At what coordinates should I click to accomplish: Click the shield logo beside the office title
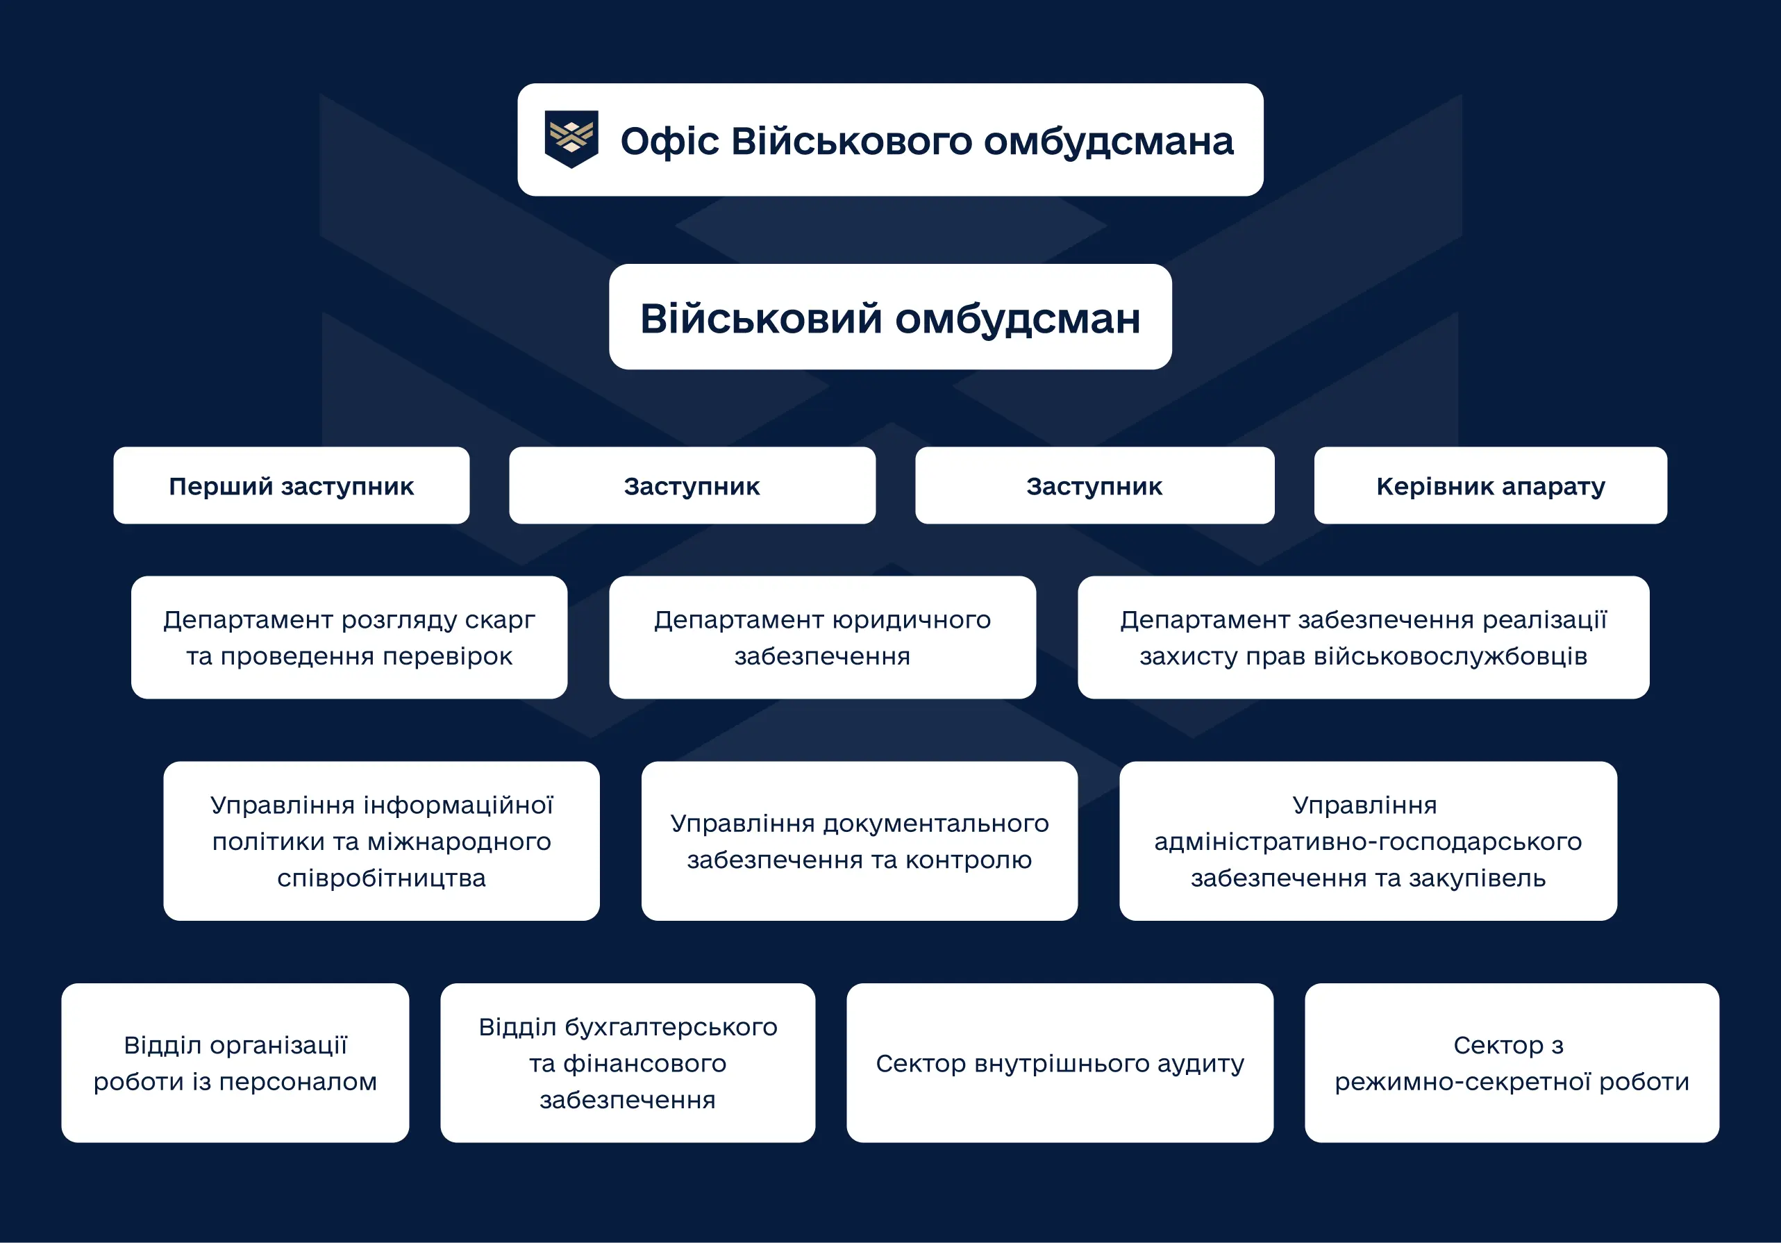pos(571,139)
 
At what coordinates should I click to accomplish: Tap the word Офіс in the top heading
pos(669,141)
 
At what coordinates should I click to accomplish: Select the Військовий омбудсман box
pos(889,317)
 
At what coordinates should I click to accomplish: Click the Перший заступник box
pos(291,485)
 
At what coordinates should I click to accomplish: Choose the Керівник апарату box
pos(1490,485)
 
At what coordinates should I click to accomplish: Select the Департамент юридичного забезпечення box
pos(822,637)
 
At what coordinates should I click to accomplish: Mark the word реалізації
pos(1544,620)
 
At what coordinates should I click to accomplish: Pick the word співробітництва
pos(381,878)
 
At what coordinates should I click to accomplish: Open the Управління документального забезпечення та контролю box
pos(859,841)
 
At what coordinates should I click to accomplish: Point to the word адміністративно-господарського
pos(1368,842)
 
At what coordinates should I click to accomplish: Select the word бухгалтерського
pos(670,1027)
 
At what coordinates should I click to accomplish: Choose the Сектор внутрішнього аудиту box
pos(1060,1063)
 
